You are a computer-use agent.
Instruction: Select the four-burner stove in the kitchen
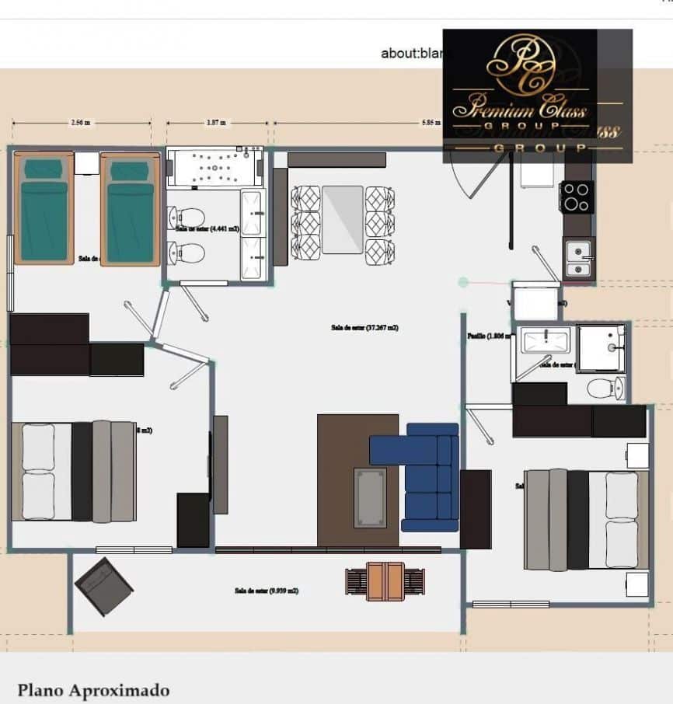(x=577, y=197)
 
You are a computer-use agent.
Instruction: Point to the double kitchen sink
(x=577, y=260)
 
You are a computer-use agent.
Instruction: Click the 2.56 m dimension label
(x=81, y=123)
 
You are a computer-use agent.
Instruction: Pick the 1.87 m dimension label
(x=216, y=123)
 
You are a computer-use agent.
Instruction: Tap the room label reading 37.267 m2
(x=364, y=328)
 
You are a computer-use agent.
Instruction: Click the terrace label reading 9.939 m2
(x=266, y=591)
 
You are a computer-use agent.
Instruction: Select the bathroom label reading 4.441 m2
(x=201, y=228)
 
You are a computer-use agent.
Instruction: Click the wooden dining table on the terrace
(x=385, y=581)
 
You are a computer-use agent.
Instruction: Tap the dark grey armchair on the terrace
(x=103, y=586)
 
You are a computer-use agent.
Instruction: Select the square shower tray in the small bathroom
(x=600, y=349)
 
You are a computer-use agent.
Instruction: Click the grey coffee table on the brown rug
(x=370, y=497)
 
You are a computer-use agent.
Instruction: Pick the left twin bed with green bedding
(x=44, y=208)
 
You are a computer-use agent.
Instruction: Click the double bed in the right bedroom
(x=586, y=519)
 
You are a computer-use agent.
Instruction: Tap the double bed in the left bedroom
(x=74, y=471)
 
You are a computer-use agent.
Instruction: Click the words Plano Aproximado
(x=93, y=690)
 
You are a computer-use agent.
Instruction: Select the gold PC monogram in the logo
(x=520, y=64)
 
